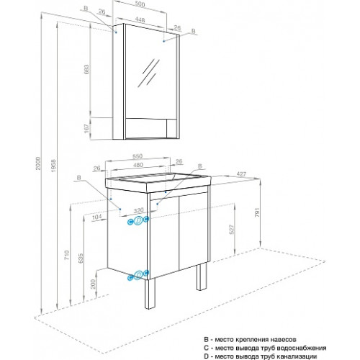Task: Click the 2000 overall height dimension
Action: coord(38,163)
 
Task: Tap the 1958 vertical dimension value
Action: coord(53,166)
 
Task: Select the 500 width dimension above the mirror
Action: coord(140,4)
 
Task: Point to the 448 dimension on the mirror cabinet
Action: coord(140,19)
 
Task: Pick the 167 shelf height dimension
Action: coord(86,128)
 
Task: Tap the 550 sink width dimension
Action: coord(138,156)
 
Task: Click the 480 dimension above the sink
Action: coord(138,165)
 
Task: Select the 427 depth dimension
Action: coord(241,174)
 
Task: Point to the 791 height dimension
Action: coord(257,212)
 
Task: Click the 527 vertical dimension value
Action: coord(231,230)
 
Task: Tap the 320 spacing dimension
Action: coord(138,210)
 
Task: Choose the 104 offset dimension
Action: coord(96,217)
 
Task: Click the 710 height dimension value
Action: coord(67,255)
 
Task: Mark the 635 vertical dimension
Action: coord(81,258)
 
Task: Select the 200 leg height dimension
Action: coord(93,284)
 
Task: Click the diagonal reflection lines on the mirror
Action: coord(148,73)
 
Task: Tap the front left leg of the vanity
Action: coord(150,294)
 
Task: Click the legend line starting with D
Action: coord(260,356)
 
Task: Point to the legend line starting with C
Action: coord(265,348)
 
